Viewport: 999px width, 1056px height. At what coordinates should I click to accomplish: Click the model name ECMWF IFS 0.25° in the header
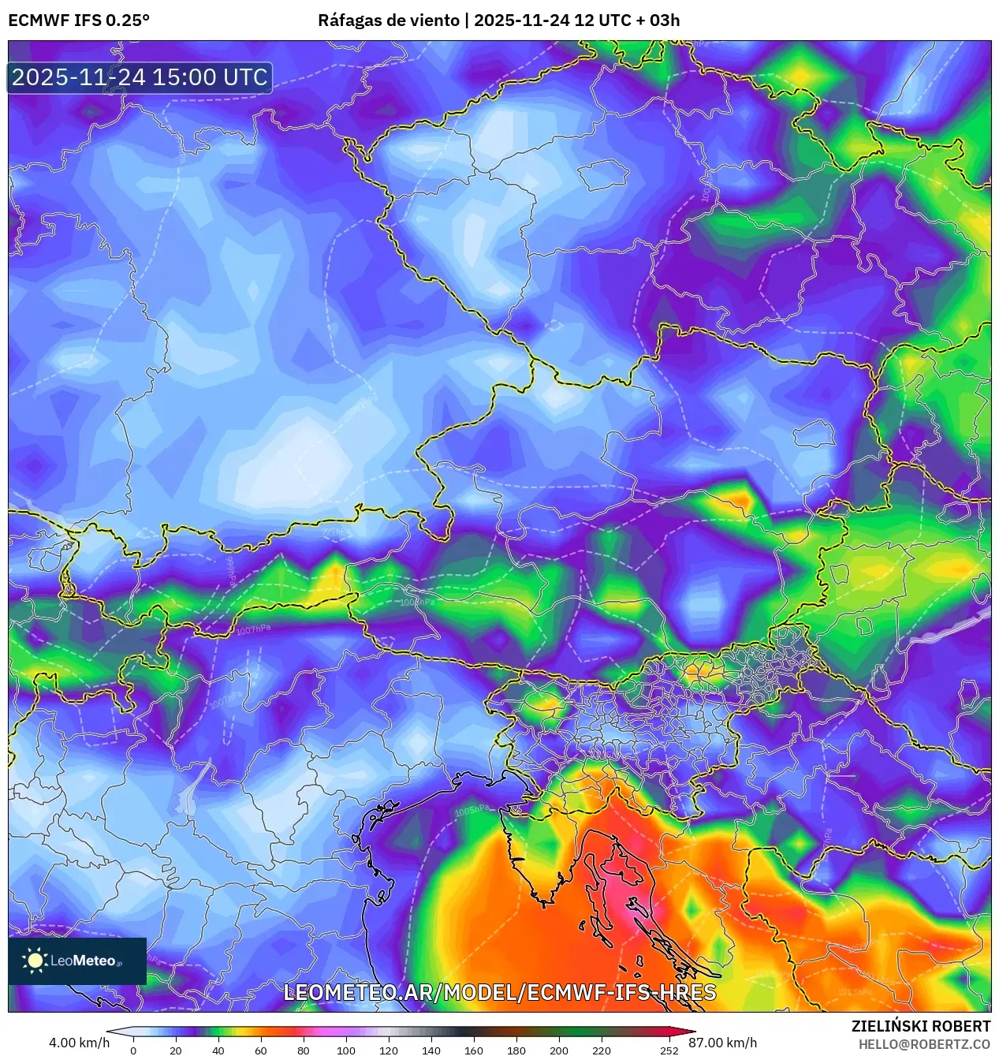coord(79,21)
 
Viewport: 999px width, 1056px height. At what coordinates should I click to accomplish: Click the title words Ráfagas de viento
coord(388,21)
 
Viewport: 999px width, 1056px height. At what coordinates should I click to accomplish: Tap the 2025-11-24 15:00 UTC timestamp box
coord(140,77)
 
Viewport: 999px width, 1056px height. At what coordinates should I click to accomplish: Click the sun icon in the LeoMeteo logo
coord(35,960)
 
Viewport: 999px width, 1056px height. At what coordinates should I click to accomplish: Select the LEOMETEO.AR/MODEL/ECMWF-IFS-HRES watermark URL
coord(499,992)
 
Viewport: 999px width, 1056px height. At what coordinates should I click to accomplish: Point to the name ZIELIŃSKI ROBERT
coord(920,1026)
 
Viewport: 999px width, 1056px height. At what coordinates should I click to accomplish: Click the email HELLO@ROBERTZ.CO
coord(924,1044)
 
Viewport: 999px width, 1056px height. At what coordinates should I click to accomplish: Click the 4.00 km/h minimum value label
coord(79,1043)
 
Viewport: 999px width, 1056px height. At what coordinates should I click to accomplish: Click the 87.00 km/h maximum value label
coord(723,1043)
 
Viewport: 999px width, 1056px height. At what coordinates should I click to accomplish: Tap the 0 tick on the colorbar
coord(133,1050)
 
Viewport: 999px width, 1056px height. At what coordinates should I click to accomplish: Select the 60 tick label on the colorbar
coord(261,1050)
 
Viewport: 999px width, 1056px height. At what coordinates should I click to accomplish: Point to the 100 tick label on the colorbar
coord(346,1050)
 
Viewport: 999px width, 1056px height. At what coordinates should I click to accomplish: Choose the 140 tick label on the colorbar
coord(431,1050)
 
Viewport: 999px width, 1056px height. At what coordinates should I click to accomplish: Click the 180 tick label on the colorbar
coord(516,1050)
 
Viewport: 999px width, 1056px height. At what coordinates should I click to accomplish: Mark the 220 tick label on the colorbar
coord(602,1050)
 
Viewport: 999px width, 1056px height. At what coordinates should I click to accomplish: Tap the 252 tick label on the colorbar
coord(669,1050)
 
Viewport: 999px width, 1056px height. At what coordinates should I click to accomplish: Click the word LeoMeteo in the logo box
coord(84,961)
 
